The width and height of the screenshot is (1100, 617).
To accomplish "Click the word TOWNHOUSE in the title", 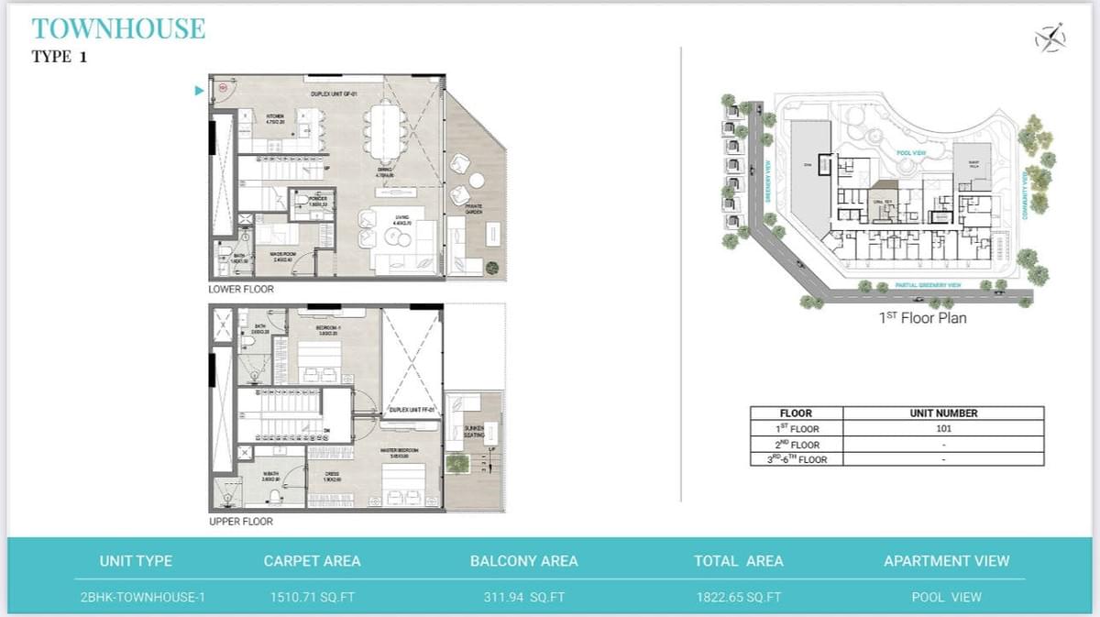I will (x=118, y=28).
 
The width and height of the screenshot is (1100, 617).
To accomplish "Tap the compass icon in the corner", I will (x=1050, y=38).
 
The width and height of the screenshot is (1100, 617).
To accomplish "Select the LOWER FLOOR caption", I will (x=241, y=289).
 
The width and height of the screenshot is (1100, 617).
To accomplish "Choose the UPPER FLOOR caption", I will (x=240, y=521).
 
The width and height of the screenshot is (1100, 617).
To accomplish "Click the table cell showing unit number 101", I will (x=943, y=428).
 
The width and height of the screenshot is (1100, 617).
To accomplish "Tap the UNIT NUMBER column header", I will (x=943, y=413).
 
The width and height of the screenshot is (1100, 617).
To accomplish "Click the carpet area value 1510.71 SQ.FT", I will (x=312, y=597).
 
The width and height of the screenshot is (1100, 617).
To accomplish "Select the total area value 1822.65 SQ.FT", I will (x=738, y=597).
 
